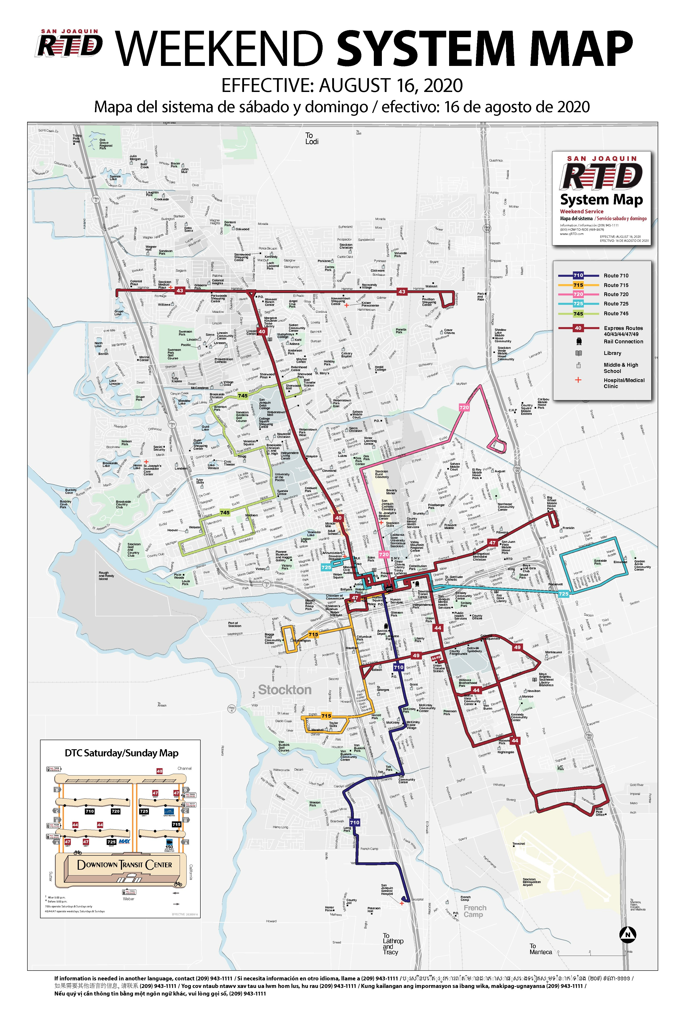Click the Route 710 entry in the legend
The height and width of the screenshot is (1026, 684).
616,276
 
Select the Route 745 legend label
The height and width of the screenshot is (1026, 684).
616,314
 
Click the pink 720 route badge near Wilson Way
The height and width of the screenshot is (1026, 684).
464,407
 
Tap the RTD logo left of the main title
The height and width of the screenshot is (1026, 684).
69,44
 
